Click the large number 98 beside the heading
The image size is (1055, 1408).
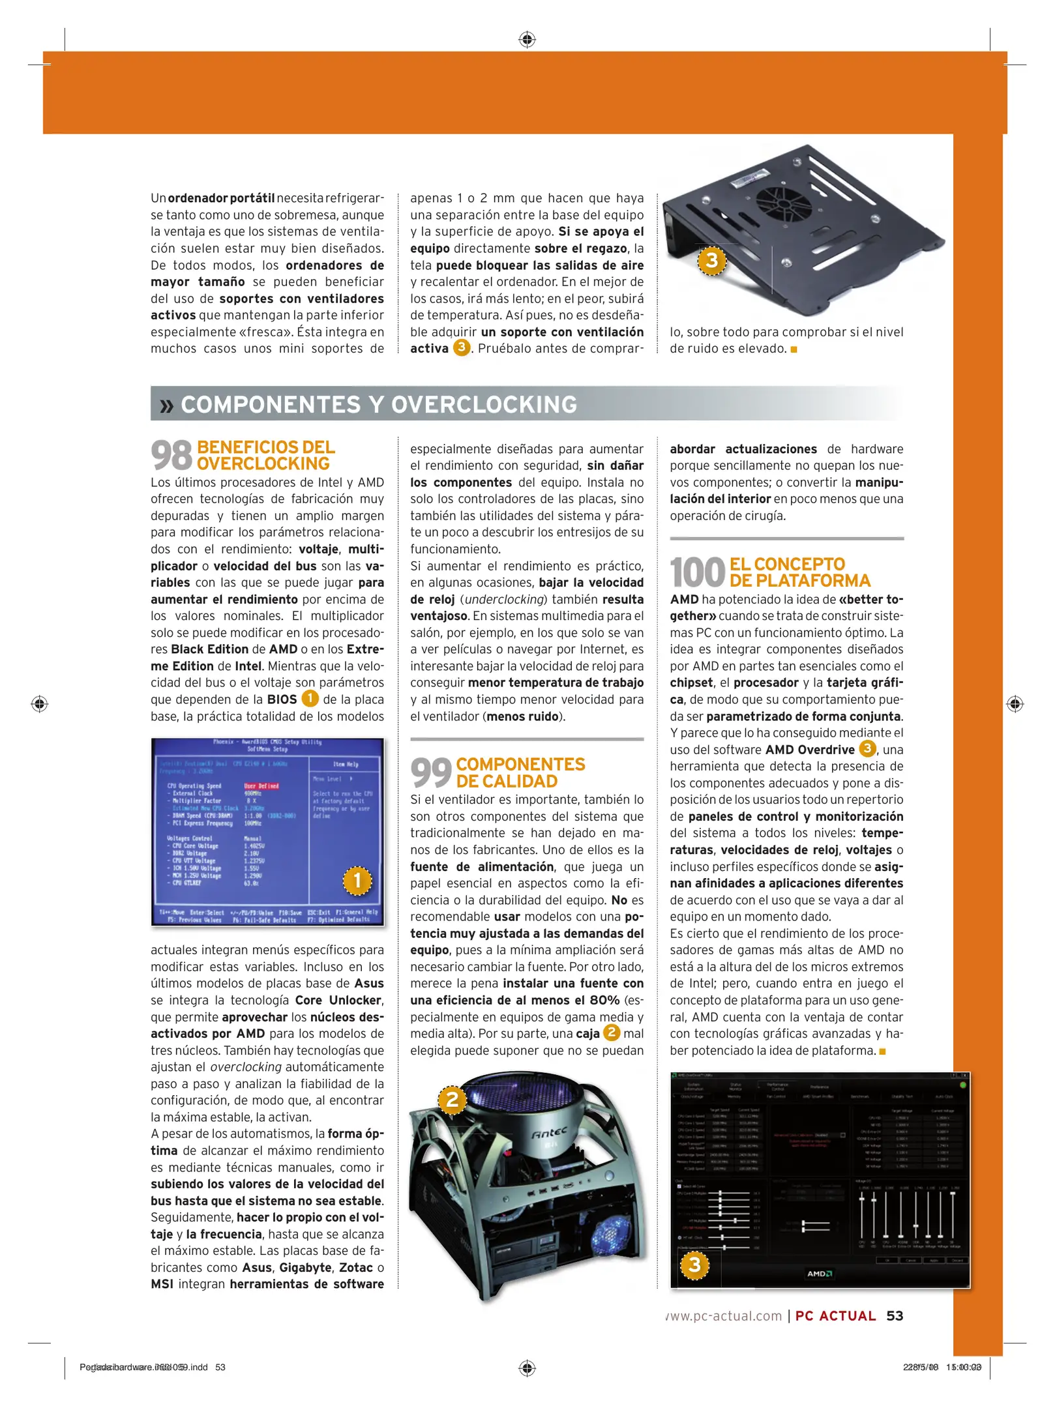171,455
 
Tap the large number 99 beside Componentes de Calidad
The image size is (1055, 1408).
431,772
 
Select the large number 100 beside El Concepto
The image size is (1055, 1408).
697,572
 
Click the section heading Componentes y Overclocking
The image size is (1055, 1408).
378,404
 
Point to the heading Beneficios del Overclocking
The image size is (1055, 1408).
265,455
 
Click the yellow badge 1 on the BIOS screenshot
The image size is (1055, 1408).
357,881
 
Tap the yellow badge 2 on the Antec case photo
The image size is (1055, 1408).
452,1100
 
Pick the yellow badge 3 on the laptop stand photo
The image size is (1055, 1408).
711,260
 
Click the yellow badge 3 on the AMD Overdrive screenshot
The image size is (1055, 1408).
694,1265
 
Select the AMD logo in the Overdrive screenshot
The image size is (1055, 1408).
819,1273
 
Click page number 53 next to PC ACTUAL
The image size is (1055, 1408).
895,1316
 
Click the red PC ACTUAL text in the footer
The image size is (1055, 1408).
835,1316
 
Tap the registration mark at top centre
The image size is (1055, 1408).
527,40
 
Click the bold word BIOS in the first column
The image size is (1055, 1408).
282,699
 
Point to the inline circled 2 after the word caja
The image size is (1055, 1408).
612,1033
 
